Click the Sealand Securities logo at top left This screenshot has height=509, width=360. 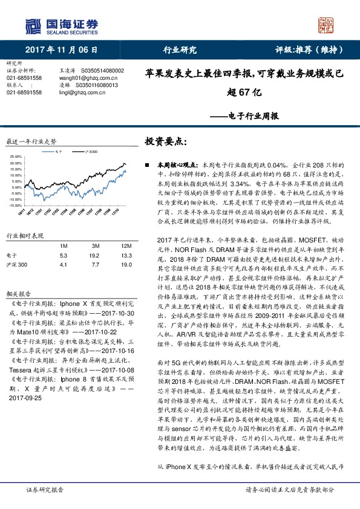tap(61, 25)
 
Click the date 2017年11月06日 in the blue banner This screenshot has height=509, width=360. tap(62, 50)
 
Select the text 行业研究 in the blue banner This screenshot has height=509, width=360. tap(180, 50)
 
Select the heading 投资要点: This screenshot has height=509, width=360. tap(163, 141)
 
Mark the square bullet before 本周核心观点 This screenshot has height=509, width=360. tap(148, 164)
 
